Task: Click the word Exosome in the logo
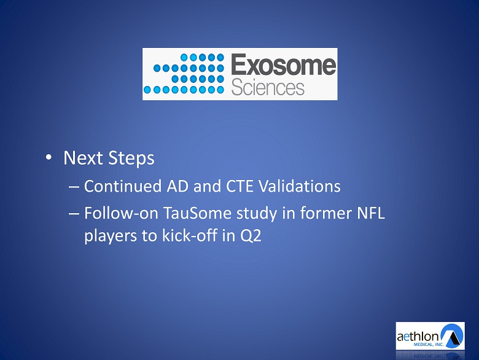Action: [284, 65]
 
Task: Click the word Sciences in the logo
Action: [268, 87]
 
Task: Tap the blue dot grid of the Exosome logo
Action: [184, 73]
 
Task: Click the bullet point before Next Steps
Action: [49, 157]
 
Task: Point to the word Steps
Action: [131, 158]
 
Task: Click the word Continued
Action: [122, 186]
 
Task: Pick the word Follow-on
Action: [121, 213]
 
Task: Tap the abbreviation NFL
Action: [370, 213]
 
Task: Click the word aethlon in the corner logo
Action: [418, 337]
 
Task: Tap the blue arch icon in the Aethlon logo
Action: [452, 335]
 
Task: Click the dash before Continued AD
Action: [74, 187]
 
